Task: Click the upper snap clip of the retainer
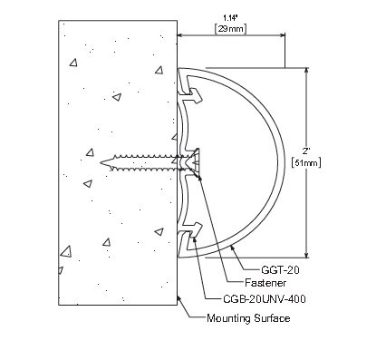[191, 88]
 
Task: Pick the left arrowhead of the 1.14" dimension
[181, 36]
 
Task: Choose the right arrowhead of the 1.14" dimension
[283, 36]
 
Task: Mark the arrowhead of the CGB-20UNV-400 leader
[187, 246]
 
